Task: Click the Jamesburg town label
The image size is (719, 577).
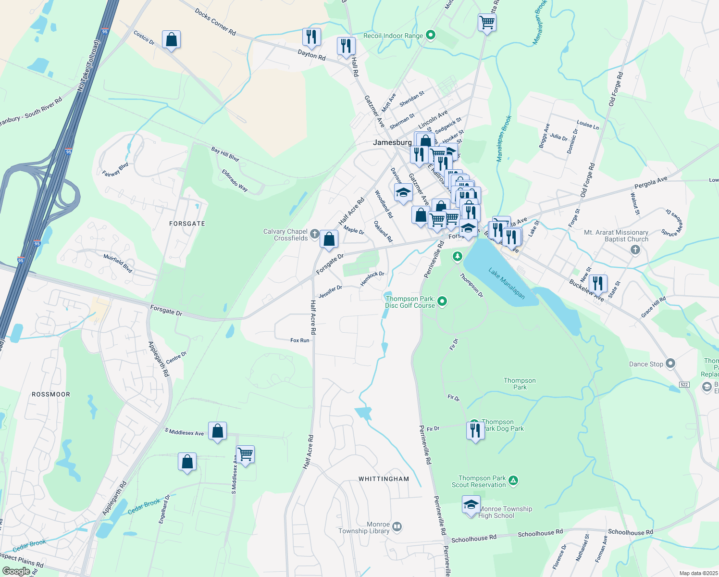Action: point(392,142)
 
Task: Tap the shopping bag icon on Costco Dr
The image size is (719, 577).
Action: point(172,40)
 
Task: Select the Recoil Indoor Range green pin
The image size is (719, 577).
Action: point(431,35)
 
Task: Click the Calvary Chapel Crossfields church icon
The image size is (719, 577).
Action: point(314,234)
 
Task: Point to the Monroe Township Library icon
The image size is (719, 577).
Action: point(397,527)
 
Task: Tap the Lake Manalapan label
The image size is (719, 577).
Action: point(507,283)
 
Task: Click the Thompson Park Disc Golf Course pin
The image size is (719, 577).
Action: point(443,301)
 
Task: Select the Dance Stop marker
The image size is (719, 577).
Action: point(671,364)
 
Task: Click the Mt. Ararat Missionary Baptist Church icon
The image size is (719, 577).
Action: point(635,250)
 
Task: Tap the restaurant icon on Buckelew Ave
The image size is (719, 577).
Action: point(597,283)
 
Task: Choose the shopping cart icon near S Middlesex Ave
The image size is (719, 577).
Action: point(245,454)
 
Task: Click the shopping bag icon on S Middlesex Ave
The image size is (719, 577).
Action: point(217,431)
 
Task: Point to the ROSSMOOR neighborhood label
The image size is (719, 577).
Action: point(51,394)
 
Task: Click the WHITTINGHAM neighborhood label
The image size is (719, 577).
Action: point(384,479)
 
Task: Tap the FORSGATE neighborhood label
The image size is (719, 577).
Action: point(187,224)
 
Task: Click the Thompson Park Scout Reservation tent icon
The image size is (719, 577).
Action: point(513,480)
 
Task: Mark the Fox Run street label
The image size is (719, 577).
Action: point(300,340)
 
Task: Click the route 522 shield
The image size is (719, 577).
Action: point(684,384)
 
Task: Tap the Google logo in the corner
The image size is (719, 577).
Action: point(16,571)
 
